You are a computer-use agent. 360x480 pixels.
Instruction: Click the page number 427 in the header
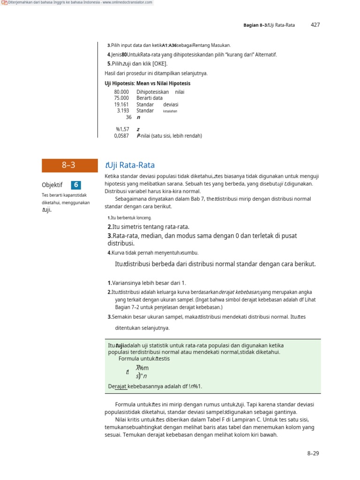click(315, 25)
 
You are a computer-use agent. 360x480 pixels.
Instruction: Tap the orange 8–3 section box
click(68, 165)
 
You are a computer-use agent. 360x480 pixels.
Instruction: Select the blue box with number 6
click(76, 185)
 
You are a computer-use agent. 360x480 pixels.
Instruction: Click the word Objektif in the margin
click(52, 185)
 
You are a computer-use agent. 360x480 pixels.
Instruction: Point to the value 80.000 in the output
click(121, 92)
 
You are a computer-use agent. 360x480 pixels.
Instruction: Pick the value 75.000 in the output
click(121, 98)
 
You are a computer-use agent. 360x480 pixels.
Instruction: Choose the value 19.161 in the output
click(121, 105)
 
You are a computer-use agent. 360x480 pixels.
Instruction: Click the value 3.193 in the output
click(123, 111)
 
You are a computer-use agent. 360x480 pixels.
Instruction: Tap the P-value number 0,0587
click(121, 136)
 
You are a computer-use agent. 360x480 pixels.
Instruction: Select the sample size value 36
click(128, 117)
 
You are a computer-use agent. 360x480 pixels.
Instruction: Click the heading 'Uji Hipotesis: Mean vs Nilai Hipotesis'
click(147, 83)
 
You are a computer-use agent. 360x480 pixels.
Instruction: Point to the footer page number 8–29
click(313, 453)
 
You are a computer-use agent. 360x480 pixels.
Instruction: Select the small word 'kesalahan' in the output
click(170, 112)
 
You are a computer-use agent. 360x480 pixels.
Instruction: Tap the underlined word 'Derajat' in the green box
click(117, 386)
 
